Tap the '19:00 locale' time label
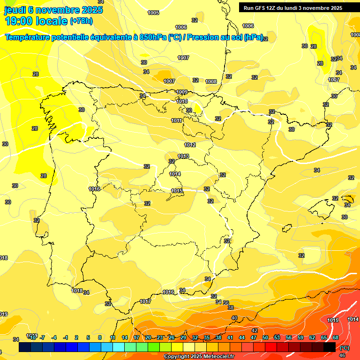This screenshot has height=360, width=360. (36, 21)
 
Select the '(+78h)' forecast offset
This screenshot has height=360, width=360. (81, 21)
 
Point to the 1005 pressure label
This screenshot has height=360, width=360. (153, 13)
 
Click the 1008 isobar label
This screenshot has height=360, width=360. (211, 82)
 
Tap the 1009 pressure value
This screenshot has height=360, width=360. (182, 92)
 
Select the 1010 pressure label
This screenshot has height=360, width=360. (182, 101)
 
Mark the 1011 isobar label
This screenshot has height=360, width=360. (176, 120)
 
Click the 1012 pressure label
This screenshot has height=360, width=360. (190, 145)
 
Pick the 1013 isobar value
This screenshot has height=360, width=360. (183, 156)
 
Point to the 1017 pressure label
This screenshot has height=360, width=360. (145, 301)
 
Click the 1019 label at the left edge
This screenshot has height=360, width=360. (4, 314)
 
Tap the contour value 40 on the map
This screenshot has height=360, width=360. (234, 318)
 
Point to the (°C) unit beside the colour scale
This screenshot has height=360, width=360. (344, 348)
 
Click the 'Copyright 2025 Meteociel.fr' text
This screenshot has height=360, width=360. (199, 357)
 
